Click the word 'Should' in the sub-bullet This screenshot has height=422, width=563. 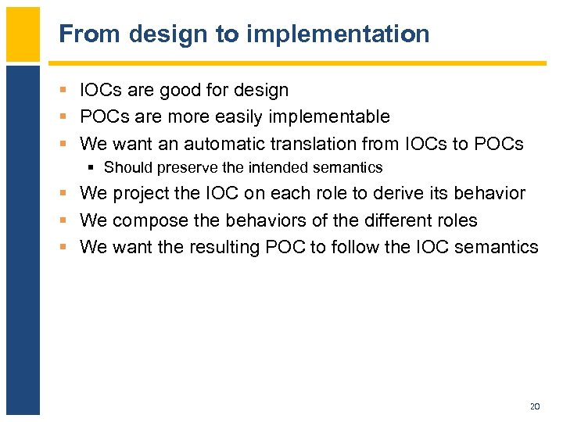point(127,167)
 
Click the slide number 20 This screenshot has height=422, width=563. point(535,406)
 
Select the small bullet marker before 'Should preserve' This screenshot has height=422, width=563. point(93,168)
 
